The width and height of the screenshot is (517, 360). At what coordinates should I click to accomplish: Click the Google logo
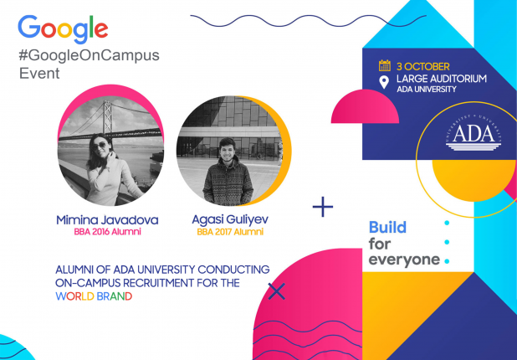[x=63, y=28]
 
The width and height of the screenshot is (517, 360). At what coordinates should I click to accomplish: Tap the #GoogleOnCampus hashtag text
[x=89, y=56]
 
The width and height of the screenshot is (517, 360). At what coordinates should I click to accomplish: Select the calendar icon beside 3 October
[x=385, y=65]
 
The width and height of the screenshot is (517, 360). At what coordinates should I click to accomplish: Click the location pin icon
[x=384, y=82]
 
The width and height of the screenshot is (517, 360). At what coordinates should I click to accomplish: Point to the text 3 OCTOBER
[x=423, y=67]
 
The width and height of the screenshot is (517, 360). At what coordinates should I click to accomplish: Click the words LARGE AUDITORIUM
[x=442, y=79]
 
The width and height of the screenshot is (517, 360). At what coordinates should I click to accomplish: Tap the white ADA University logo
[x=473, y=136]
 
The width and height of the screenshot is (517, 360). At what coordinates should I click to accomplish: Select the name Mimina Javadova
[x=107, y=220]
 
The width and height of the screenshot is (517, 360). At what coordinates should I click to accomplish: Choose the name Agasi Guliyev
[x=230, y=219]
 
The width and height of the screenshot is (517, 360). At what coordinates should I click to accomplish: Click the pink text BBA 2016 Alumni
[x=107, y=232]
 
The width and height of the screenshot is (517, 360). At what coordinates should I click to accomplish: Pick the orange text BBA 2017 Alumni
[x=230, y=232]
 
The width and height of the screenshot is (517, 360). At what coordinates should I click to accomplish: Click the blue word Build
[x=387, y=228]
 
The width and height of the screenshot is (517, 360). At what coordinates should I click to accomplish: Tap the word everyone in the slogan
[x=404, y=260]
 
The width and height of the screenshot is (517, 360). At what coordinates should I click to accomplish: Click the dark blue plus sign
[x=323, y=207]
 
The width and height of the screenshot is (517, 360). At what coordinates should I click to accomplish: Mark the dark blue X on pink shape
[x=277, y=291]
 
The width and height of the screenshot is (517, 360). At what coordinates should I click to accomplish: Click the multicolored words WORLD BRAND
[x=94, y=296]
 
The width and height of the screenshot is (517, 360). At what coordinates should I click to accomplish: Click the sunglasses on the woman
[x=99, y=146]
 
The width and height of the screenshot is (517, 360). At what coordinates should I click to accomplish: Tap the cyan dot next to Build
[x=447, y=223]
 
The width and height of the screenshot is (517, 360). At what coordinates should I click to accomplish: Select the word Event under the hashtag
[x=39, y=73]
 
